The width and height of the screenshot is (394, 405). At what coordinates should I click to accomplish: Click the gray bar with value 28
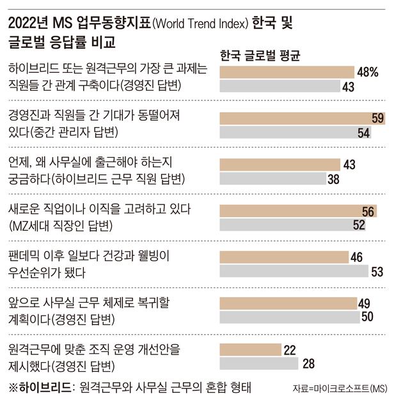(258, 364)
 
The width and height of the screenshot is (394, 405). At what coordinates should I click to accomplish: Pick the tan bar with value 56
(297, 211)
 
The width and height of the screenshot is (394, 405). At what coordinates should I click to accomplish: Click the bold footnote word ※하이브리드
(41, 387)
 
